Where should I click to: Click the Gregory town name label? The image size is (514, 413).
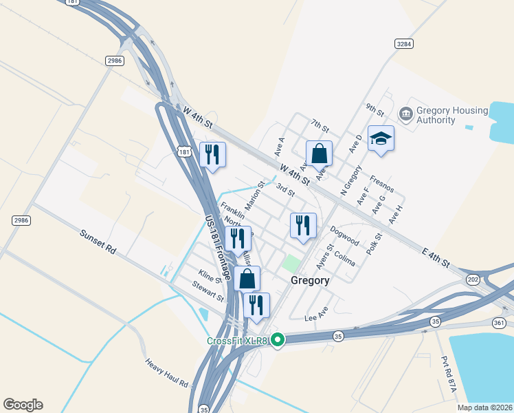click(310, 281)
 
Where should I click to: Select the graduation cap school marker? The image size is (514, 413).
click(381, 140)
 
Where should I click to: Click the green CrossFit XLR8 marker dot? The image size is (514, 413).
click(278, 339)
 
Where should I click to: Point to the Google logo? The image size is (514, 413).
click(23, 405)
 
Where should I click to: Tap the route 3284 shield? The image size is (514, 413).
click(404, 43)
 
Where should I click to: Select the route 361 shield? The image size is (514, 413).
click(500, 322)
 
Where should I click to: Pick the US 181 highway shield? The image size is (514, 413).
click(183, 151)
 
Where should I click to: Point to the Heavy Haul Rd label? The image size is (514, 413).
click(167, 372)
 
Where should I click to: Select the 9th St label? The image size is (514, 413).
click(375, 109)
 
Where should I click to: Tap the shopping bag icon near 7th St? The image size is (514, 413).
click(319, 153)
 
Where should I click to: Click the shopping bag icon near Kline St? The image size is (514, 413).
click(247, 279)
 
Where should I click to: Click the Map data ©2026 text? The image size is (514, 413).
click(485, 407)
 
